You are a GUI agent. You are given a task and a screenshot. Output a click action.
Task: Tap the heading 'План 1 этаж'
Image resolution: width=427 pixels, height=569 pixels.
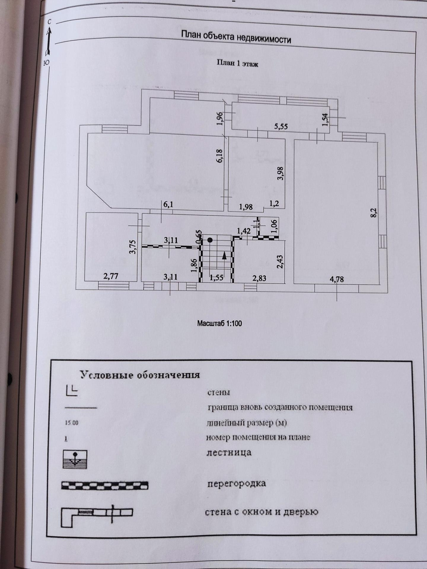237,63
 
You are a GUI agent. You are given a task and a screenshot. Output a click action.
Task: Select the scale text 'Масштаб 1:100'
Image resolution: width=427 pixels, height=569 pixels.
219,323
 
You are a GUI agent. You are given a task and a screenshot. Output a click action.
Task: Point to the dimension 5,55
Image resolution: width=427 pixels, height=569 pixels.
281,127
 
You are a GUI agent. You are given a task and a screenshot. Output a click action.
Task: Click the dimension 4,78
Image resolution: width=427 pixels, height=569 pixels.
336,279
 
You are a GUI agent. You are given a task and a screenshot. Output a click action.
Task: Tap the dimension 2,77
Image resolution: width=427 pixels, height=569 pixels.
111,276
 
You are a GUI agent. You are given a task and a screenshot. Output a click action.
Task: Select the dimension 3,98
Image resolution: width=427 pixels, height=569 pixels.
280,173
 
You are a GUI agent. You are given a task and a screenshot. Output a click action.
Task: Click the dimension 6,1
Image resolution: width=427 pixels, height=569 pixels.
168,204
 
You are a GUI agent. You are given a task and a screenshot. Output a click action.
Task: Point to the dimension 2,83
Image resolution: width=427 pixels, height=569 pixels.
259,278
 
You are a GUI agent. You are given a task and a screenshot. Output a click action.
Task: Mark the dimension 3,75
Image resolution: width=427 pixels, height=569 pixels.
133,247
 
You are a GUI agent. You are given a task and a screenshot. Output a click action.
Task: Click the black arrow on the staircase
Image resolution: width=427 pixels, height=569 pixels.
225,256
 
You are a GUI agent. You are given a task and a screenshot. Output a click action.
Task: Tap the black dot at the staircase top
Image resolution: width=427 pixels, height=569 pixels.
210,240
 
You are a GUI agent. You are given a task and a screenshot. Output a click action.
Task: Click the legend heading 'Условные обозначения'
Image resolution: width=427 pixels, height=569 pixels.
140,375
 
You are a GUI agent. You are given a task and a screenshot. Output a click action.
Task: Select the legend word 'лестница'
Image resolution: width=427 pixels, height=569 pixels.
229,452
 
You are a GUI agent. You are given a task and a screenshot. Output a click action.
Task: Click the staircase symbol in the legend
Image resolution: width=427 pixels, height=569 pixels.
75,459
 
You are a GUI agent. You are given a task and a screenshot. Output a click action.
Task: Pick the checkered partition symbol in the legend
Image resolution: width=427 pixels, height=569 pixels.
105,485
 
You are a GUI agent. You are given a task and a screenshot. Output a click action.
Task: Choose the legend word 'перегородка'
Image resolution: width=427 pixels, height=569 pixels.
236,483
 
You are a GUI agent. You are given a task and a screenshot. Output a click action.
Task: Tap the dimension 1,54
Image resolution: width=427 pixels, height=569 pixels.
325,120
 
